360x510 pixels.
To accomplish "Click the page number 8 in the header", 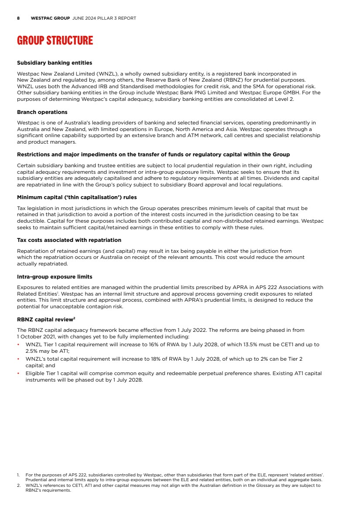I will tap(18, 18).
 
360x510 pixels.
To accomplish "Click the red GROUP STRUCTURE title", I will tap(55, 41).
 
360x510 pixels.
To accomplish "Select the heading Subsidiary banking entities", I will tap(55, 63).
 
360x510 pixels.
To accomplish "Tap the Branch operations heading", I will tap(42, 112).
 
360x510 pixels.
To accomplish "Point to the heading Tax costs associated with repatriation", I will tap(69, 240).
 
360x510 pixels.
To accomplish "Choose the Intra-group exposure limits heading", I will tap(55, 277).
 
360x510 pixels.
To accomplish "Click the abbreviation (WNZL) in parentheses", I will tap(106, 74).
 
